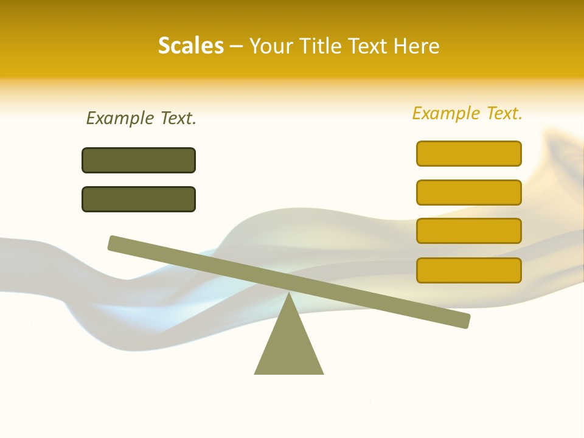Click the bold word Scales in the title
pyautogui.click(x=190, y=46)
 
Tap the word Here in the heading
pyautogui.click(x=417, y=46)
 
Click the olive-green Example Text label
pyautogui.click(x=141, y=118)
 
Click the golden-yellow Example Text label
pyautogui.click(x=467, y=113)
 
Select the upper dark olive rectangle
pyautogui.click(x=139, y=160)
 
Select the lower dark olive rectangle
pyautogui.click(x=139, y=199)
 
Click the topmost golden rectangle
pyautogui.click(x=468, y=153)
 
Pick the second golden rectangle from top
pyautogui.click(x=468, y=192)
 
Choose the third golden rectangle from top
pyautogui.click(x=468, y=231)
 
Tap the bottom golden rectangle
pyautogui.click(x=468, y=270)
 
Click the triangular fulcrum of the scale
pyautogui.click(x=289, y=347)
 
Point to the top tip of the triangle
pyautogui.click(x=289, y=294)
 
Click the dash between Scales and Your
pyautogui.click(x=236, y=47)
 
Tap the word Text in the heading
pyautogui.click(x=370, y=46)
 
